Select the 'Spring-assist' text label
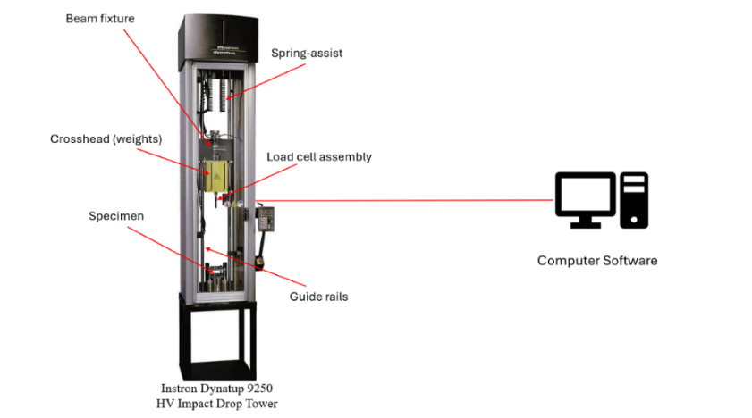(x=307, y=54)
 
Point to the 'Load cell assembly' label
(x=319, y=157)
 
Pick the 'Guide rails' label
(x=318, y=297)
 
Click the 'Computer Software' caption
(x=596, y=261)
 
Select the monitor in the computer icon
(x=585, y=196)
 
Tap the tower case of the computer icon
(x=634, y=198)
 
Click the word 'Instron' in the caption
(x=180, y=389)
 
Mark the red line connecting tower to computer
(x=402, y=200)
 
